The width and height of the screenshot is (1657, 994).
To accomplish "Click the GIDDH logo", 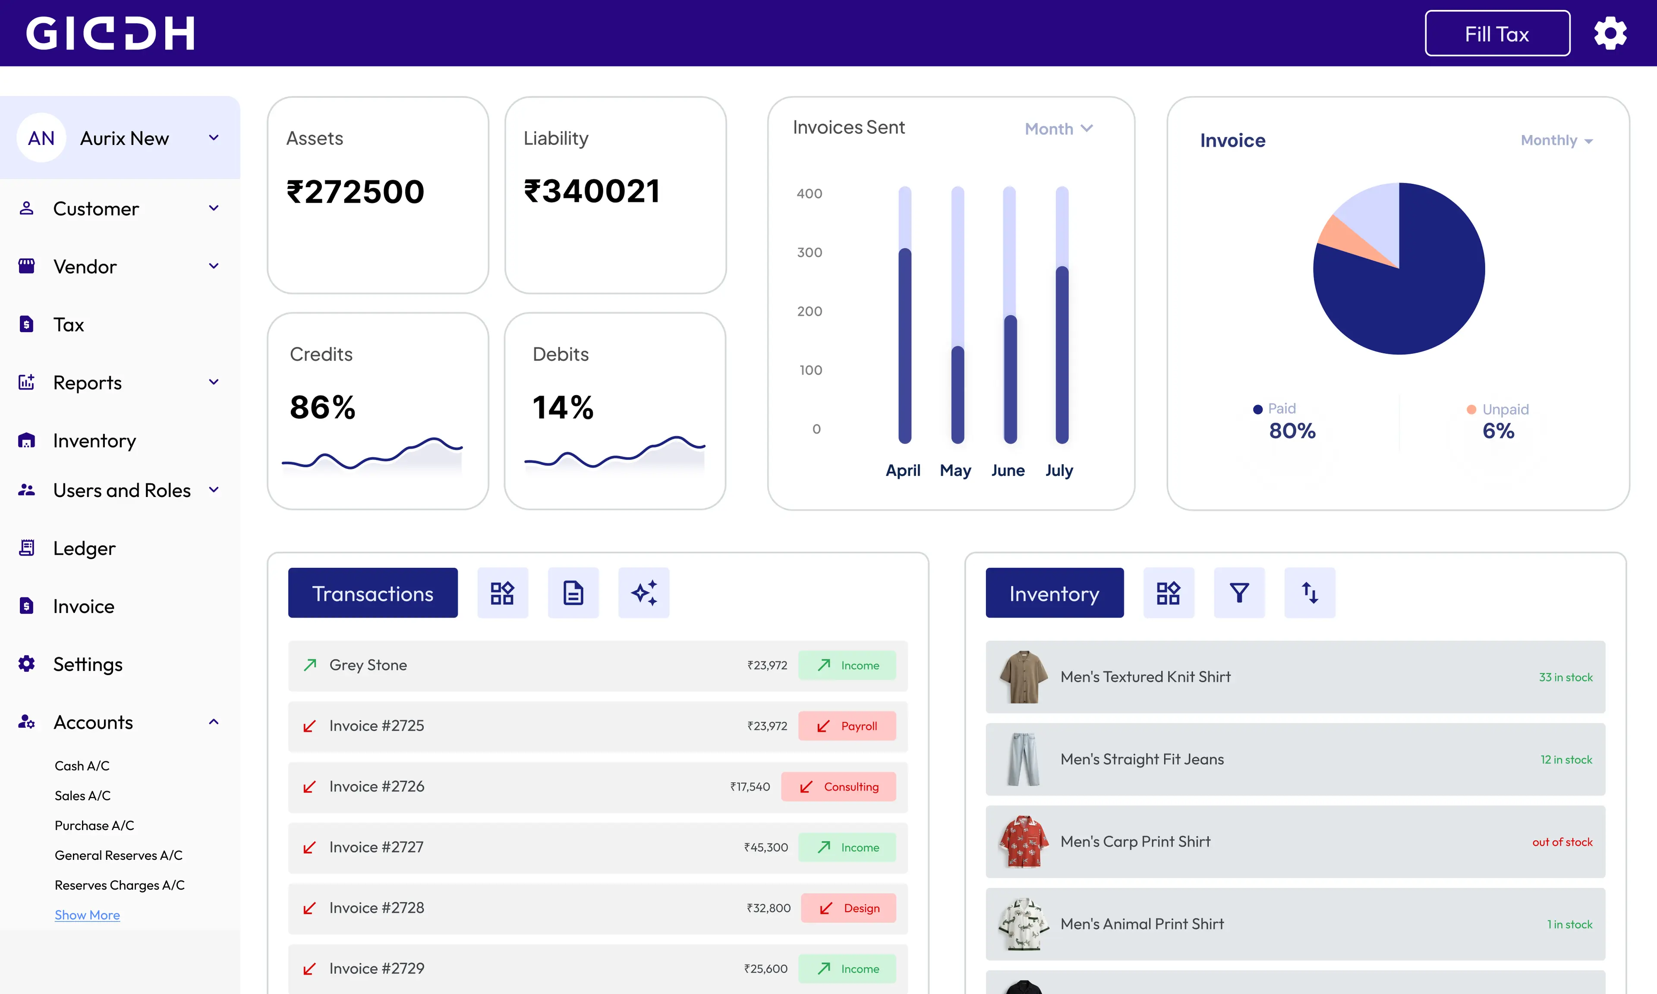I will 110,34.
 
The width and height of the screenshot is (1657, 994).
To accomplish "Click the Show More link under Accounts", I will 87,915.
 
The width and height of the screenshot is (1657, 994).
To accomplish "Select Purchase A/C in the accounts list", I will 95,825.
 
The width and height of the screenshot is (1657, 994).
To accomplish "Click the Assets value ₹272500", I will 355,192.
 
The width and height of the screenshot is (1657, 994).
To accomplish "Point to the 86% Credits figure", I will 322,407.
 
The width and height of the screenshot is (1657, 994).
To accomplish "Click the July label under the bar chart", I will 1059,470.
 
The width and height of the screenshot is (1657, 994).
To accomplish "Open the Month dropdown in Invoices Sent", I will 1058,129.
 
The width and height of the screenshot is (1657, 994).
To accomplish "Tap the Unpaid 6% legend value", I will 1498,431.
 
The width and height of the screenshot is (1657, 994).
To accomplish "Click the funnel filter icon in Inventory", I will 1239,593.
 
